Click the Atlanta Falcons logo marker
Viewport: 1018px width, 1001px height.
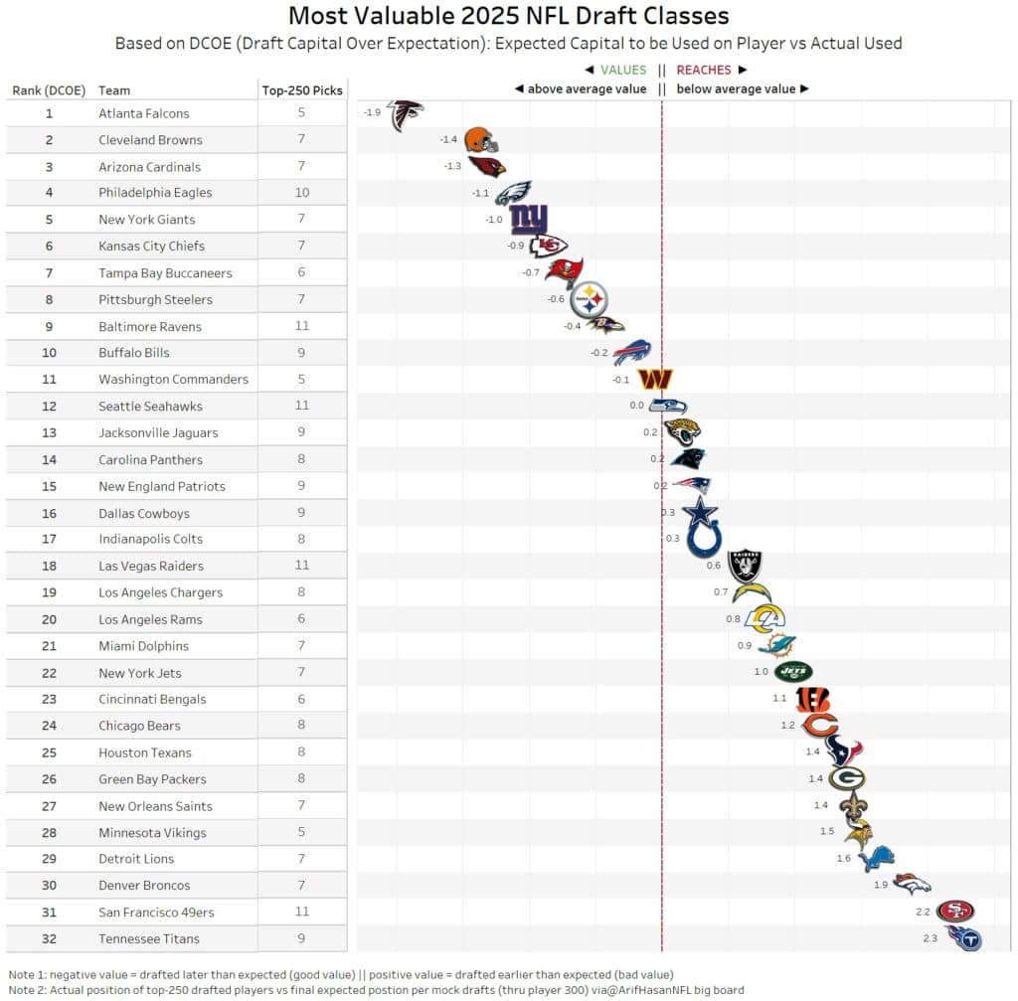pos(405,115)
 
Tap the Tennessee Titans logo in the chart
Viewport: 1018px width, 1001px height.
pos(963,936)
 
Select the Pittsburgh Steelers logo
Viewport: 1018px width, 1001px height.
pos(589,298)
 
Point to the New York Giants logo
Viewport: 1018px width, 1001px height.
pos(528,219)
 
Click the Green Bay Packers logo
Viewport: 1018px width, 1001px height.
pos(846,778)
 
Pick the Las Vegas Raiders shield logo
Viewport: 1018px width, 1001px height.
pos(745,566)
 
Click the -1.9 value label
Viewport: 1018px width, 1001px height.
pos(372,112)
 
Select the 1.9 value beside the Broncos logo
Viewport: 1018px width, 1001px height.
pos(880,885)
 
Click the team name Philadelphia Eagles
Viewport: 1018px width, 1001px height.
pos(155,193)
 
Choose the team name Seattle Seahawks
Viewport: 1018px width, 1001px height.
pos(150,407)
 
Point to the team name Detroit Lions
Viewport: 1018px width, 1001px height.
pos(136,859)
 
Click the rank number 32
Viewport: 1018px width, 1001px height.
pos(49,938)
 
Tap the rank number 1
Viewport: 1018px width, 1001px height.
pos(49,113)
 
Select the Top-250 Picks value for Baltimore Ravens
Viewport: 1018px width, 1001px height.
pos(302,326)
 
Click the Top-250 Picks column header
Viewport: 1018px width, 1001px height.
pos(302,90)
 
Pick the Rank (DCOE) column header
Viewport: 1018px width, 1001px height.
pos(47,90)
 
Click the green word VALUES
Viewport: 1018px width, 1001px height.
pos(623,71)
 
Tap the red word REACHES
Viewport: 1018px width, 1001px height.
pos(704,71)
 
